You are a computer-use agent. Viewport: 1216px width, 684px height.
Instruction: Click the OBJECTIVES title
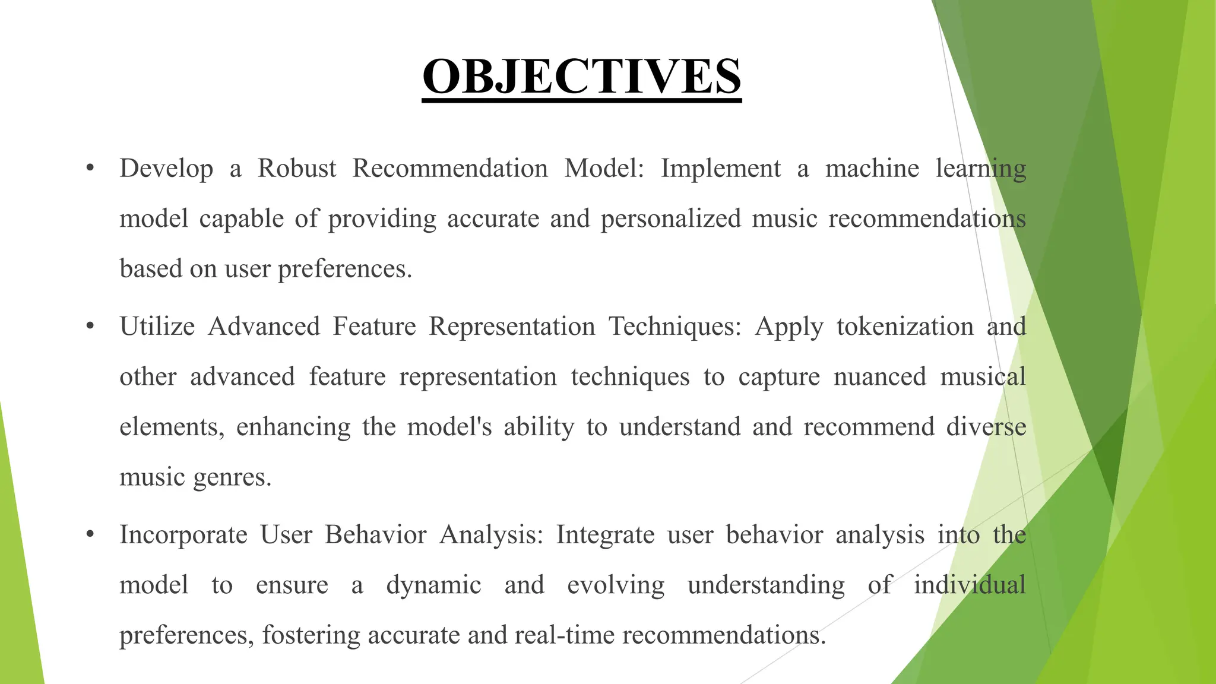coord(581,77)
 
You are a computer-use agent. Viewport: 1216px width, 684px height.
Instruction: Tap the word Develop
coord(166,169)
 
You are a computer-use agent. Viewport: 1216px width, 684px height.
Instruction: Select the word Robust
coord(297,169)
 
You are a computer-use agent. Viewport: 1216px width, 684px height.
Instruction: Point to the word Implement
coord(721,169)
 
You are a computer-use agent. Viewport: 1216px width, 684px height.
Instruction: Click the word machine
coord(872,169)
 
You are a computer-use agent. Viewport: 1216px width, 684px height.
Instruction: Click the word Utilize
coord(157,327)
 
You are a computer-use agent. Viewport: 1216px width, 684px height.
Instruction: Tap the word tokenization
coord(905,327)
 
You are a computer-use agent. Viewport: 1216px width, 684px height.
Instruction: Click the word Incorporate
coord(183,535)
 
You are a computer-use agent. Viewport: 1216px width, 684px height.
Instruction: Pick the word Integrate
coord(605,535)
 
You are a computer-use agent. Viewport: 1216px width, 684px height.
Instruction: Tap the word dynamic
coord(433,585)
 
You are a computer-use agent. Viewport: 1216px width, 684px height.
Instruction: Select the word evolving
coord(616,585)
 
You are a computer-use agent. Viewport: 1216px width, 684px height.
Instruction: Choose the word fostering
coord(311,635)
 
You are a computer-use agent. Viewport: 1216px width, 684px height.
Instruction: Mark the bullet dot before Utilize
coord(90,326)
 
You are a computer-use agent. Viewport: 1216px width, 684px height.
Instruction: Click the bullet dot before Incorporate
coord(90,534)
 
